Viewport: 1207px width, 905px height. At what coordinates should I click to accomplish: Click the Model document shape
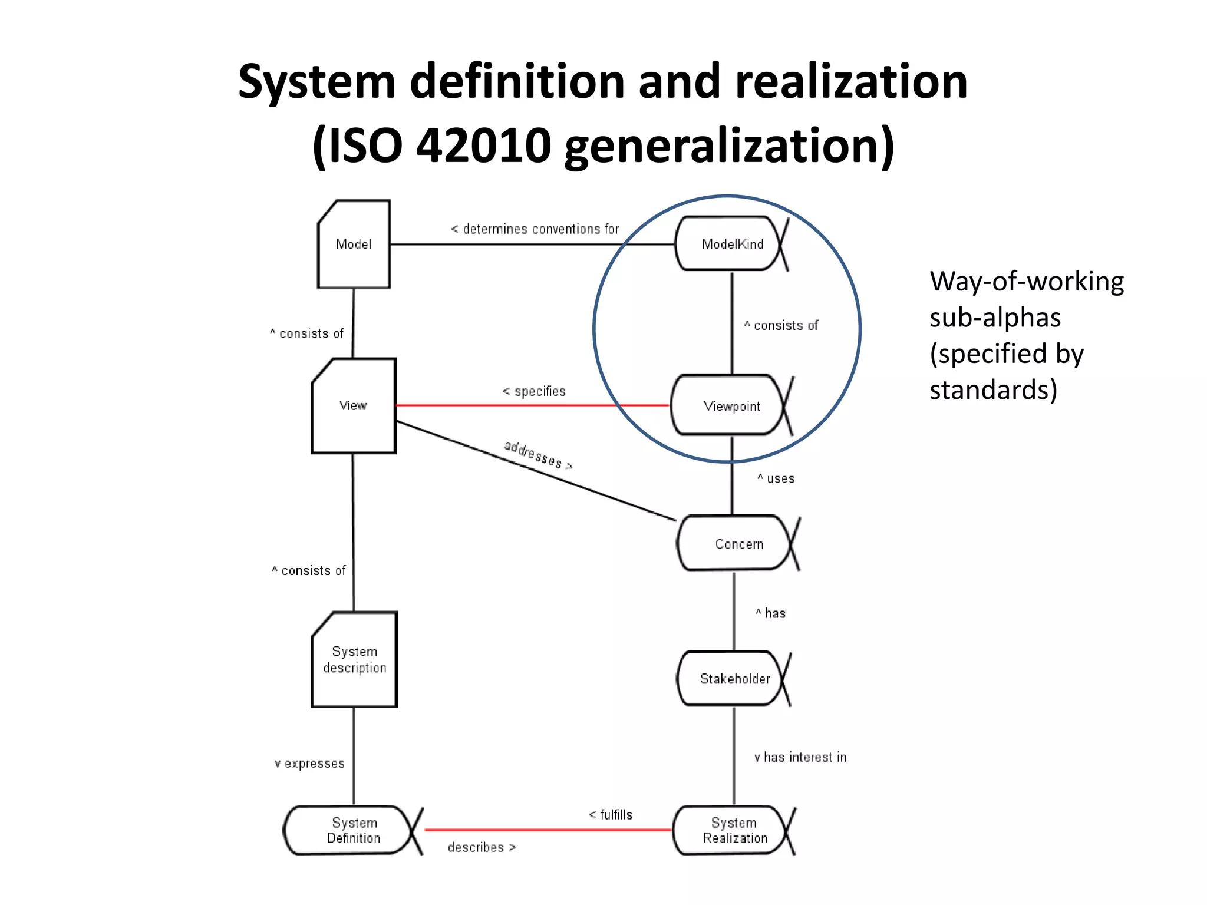354,244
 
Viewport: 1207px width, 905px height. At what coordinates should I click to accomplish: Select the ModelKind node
731,244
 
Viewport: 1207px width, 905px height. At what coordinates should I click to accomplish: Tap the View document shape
354,406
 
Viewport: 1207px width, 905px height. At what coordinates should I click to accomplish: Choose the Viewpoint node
731,406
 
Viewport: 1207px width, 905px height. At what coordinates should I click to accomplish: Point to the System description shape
354,659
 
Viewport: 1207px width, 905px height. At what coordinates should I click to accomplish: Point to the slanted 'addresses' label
537,455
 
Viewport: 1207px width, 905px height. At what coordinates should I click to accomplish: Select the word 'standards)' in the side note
993,389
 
